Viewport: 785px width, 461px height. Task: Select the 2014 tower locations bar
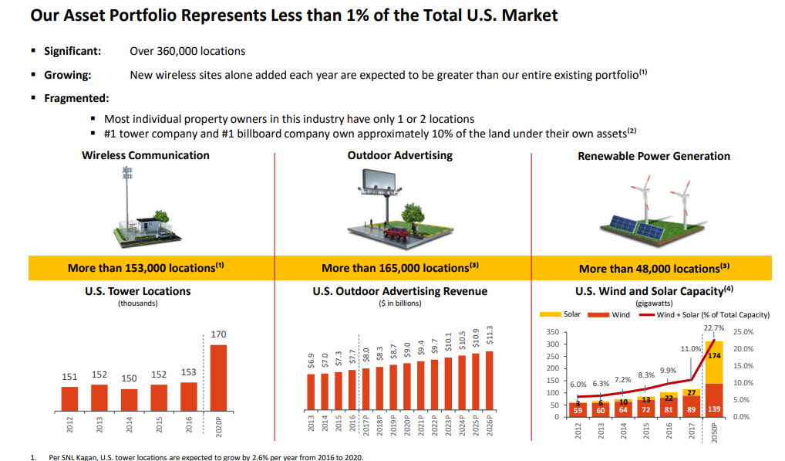(x=129, y=400)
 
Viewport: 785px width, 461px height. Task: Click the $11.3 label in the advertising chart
(x=490, y=337)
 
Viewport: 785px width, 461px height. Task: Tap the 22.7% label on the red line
(x=713, y=328)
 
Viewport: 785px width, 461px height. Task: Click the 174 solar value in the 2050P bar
(x=713, y=356)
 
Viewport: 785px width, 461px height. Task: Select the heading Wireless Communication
(x=146, y=155)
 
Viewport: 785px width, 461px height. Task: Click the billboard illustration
(x=382, y=185)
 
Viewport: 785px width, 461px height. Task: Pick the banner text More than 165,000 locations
(x=400, y=268)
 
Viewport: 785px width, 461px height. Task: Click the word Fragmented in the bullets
(x=76, y=98)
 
